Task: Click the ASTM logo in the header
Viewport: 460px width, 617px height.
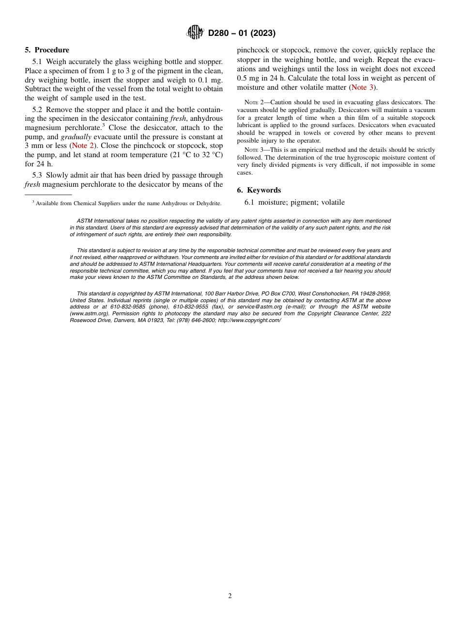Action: (x=195, y=33)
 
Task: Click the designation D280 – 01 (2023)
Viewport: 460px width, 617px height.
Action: (x=241, y=33)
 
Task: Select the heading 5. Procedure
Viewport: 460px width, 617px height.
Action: (x=47, y=50)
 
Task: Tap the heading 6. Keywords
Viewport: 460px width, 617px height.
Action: (x=259, y=190)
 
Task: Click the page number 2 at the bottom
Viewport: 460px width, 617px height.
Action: (x=230, y=596)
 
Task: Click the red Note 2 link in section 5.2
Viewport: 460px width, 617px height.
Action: (x=83, y=146)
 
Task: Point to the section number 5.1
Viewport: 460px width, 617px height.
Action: (x=37, y=62)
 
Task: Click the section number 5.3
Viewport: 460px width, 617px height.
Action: (x=37, y=175)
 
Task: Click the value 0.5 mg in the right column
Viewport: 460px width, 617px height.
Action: (x=248, y=78)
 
